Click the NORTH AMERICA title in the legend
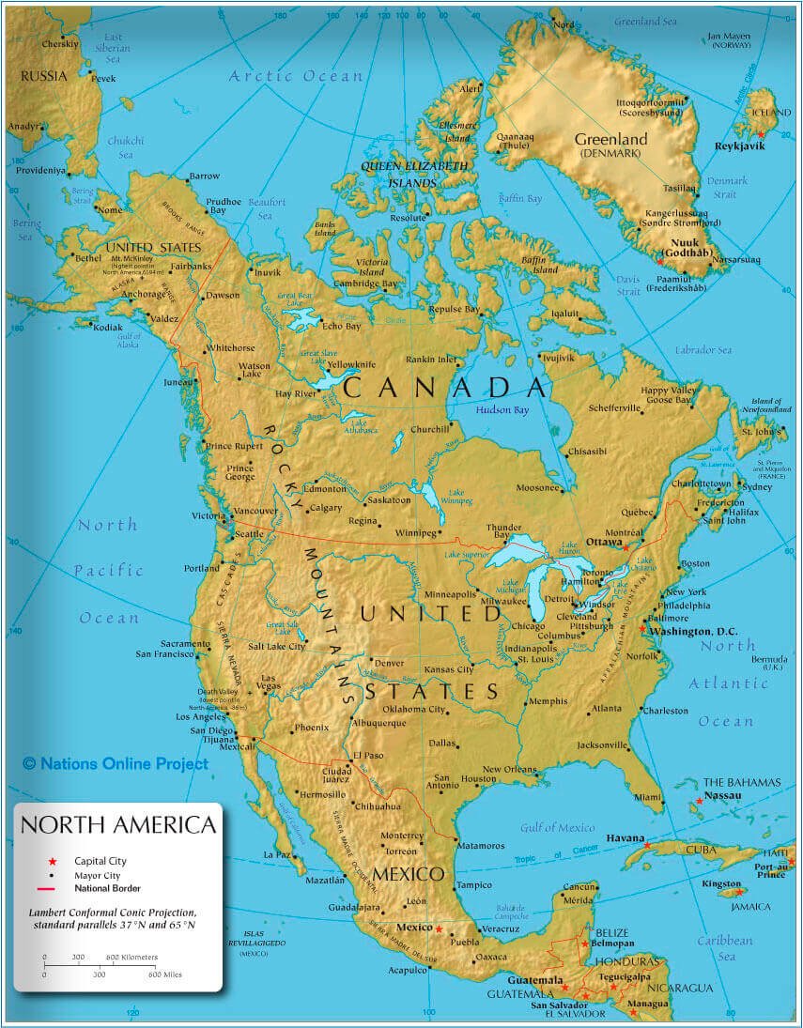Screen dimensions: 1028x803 (x=118, y=825)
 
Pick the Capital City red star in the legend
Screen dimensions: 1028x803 (x=54, y=861)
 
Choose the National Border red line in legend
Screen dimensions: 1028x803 (x=53, y=888)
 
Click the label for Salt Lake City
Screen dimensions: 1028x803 (x=277, y=646)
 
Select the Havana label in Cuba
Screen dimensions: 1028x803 (x=625, y=837)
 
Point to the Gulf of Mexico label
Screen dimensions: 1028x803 (x=558, y=828)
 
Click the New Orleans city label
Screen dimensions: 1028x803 (x=508, y=768)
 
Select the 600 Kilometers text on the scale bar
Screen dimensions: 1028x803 (x=131, y=958)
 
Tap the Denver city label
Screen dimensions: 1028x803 (x=389, y=663)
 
